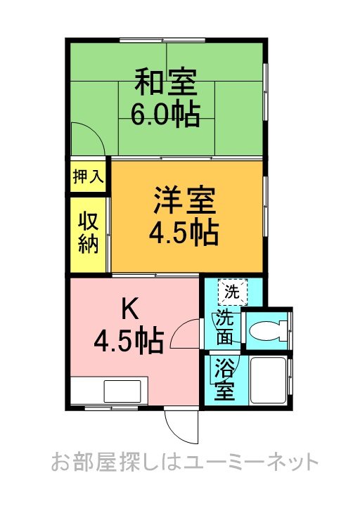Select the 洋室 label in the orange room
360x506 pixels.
click(x=183, y=202)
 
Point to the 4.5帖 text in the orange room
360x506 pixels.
click(x=183, y=232)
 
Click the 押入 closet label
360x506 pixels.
click(x=87, y=176)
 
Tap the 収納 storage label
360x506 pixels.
click(x=88, y=233)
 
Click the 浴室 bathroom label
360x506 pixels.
click(x=225, y=379)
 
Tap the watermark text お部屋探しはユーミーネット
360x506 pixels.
click(x=185, y=462)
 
